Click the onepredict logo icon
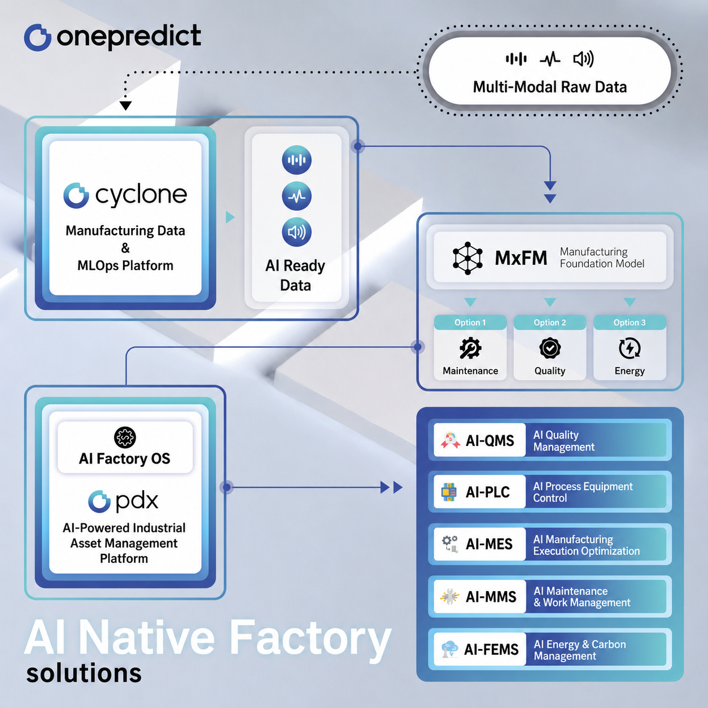(x=37, y=37)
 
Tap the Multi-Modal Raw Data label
(x=550, y=87)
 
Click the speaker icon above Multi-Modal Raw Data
(x=583, y=59)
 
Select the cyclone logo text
(x=141, y=196)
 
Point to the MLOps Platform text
(x=125, y=265)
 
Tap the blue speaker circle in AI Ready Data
(x=296, y=232)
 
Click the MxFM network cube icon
(x=467, y=258)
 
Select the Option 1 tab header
(x=470, y=322)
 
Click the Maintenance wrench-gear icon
(x=470, y=348)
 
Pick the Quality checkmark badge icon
(x=550, y=348)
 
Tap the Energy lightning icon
(x=630, y=348)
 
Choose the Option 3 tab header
(x=630, y=322)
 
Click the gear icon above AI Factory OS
(x=125, y=437)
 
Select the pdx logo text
(x=137, y=501)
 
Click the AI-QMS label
(x=490, y=440)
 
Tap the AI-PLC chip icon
(x=449, y=492)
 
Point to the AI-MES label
(x=489, y=544)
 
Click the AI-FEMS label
(x=491, y=650)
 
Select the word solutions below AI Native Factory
(x=84, y=673)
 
